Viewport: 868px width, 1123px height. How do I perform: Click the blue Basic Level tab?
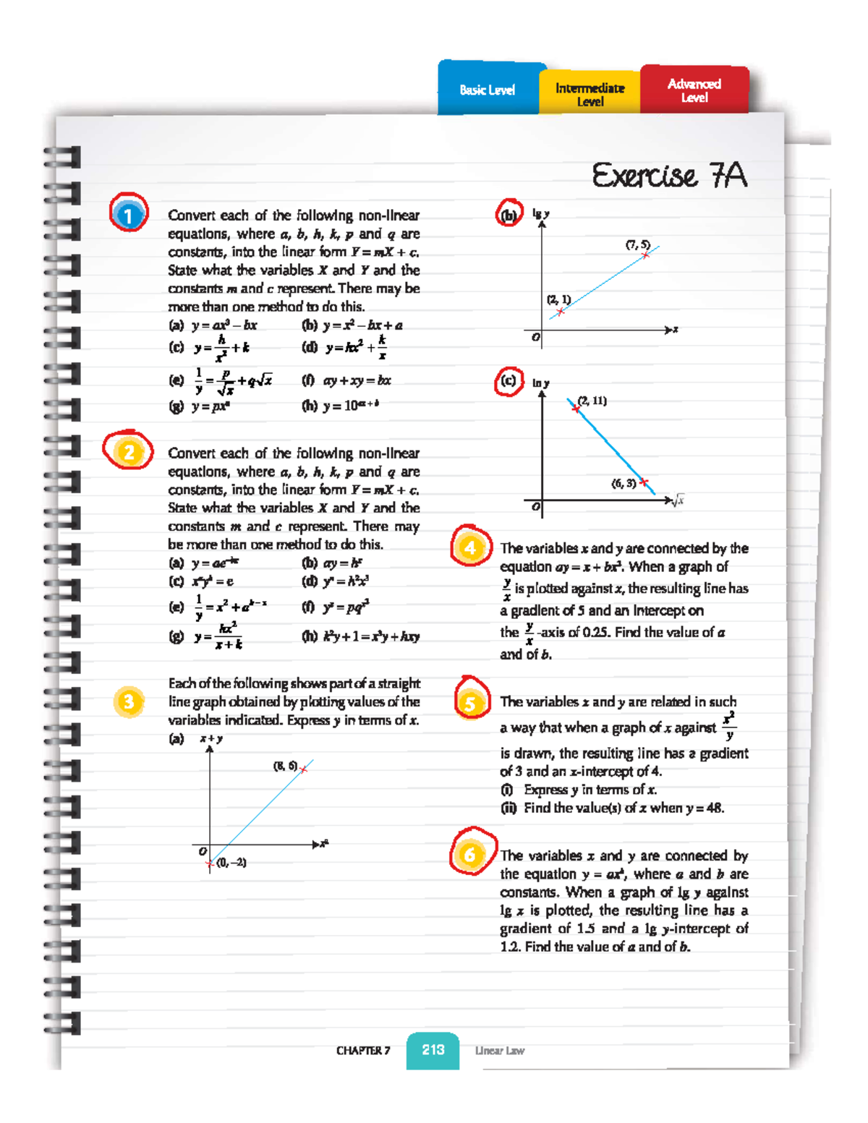[x=488, y=90]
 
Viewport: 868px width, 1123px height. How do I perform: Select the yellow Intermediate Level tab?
[x=590, y=93]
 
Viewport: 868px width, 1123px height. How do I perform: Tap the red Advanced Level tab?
[x=694, y=90]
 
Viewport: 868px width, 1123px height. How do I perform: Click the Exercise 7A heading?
[x=669, y=176]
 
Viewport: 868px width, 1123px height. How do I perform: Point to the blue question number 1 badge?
[x=129, y=215]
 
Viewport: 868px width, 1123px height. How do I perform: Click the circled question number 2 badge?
[x=129, y=453]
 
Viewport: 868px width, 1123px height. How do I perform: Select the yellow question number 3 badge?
[x=129, y=701]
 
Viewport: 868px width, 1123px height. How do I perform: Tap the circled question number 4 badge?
[x=470, y=547]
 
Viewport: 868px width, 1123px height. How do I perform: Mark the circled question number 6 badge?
[x=470, y=855]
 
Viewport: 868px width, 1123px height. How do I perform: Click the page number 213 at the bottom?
[x=433, y=1050]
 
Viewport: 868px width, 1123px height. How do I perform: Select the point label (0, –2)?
[x=231, y=863]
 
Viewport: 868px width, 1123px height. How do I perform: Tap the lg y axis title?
[x=540, y=214]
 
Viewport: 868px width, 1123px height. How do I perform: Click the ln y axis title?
[x=540, y=383]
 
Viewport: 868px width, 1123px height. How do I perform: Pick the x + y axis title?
[x=211, y=739]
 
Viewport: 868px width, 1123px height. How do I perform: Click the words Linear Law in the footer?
[x=500, y=1051]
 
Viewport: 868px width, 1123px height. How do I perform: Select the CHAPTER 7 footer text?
[x=363, y=1051]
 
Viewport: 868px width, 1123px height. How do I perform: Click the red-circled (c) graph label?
[x=509, y=380]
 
